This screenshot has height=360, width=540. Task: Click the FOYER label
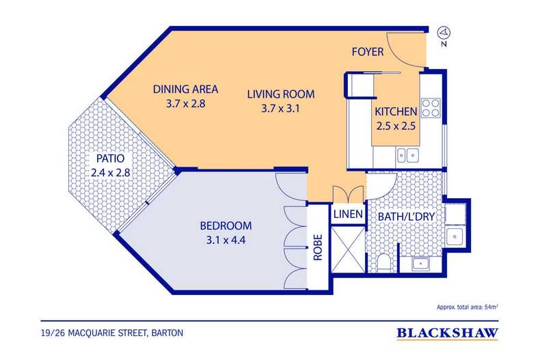pyautogui.click(x=367, y=52)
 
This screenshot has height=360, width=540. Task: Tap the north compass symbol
pyautogui.click(x=444, y=32)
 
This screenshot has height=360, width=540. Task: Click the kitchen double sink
pyautogui.click(x=405, y=155)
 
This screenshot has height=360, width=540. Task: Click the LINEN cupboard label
pyautogui.click(x=348, y=214)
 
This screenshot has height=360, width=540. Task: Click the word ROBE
pyautogui.click(x=317, y=249)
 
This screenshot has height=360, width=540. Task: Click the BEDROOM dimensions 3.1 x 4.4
pyautogui.click(x=226, y=240)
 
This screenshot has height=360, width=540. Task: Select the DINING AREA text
pyautogui.click(x=185, y=89)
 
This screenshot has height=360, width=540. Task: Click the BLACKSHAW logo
pyautogui.click(x=448, y=334)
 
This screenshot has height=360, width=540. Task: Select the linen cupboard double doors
pyautogui.click(x=347, y=193)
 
